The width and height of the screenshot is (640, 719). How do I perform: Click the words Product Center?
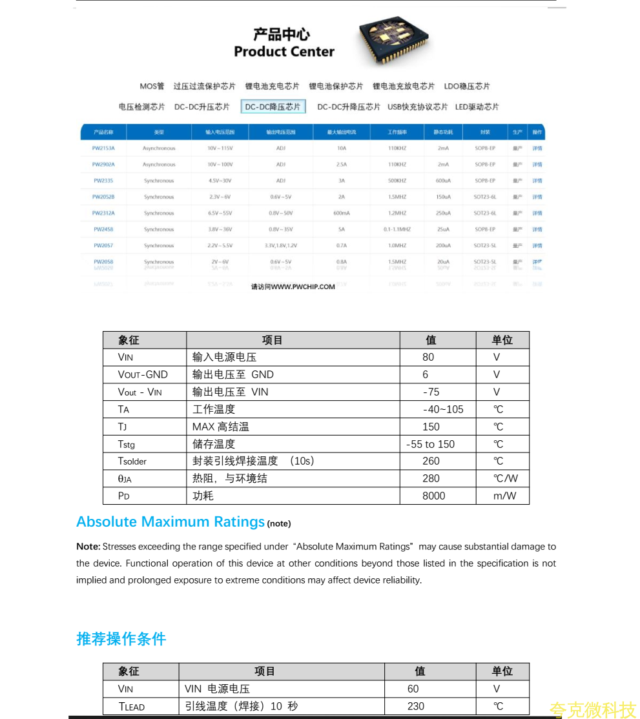click(284, 52)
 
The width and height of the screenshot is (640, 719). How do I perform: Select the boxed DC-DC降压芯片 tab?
click(273, 106)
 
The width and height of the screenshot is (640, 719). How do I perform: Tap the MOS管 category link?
click(152, 86)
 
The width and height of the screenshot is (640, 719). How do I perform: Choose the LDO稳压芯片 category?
click(467, 86)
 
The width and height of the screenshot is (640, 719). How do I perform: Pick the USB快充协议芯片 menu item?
click(417, 106)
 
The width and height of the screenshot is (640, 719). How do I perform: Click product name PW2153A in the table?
click(103, 148)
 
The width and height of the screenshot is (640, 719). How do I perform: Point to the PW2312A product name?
click(103, 213)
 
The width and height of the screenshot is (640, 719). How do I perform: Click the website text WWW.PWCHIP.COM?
click(303, 287)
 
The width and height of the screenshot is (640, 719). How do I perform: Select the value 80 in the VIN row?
click(428, 357)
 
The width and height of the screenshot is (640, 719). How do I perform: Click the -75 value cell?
click(431, 392)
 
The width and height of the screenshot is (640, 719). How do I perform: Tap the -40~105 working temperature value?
click(443, 409)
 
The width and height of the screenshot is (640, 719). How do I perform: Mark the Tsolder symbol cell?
click(132, 461)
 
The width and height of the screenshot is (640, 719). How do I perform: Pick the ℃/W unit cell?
click(506, 478)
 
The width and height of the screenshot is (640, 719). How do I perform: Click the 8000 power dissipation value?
click(434, 496)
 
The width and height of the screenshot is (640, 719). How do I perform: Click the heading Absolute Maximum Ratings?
click(170, 522)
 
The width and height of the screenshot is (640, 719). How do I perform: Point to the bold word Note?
click(88, 547)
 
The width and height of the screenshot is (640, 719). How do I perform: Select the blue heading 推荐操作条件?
click(121, 639)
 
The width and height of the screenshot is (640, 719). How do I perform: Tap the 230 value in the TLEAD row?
click(416, 706)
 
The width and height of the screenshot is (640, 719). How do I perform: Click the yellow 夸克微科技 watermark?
click(592, 710)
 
